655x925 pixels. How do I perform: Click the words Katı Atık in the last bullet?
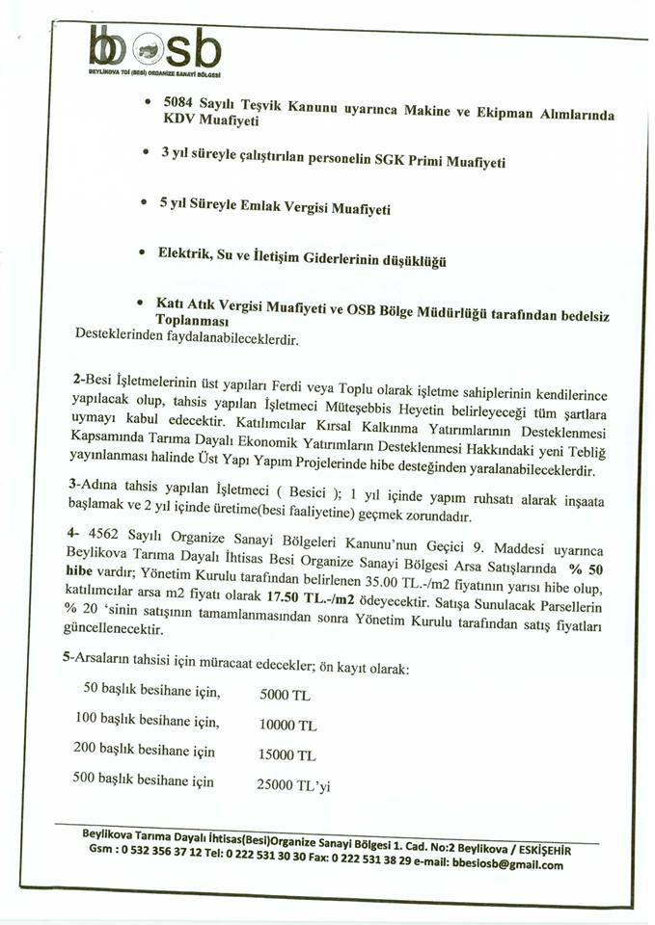pos(185,303)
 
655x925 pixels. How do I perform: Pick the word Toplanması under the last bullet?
pos(192,320)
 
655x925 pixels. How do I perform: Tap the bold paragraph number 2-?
pos(79,382)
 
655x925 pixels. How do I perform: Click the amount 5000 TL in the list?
pos(287,694)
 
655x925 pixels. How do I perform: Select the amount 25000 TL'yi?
pos(294,785)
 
